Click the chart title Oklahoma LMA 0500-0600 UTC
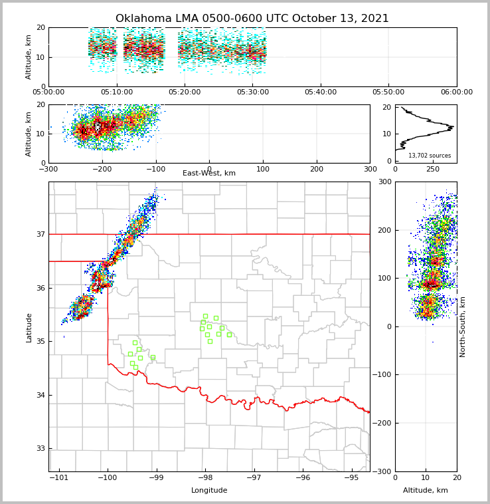point(252,19)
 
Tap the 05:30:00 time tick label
point(252,92)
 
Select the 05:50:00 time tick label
point(388,92)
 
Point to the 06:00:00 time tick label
point(456,92)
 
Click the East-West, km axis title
point(209,174)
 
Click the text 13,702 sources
point(430,156)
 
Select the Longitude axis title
point(209,491)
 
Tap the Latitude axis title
point(29,327)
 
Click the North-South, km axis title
point(463,326)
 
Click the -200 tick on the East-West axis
point(101,169)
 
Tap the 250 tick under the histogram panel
point(433,169)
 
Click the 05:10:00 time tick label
point(116,92)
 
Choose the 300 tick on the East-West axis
point(370,169)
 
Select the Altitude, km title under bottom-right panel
point(426,491)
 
